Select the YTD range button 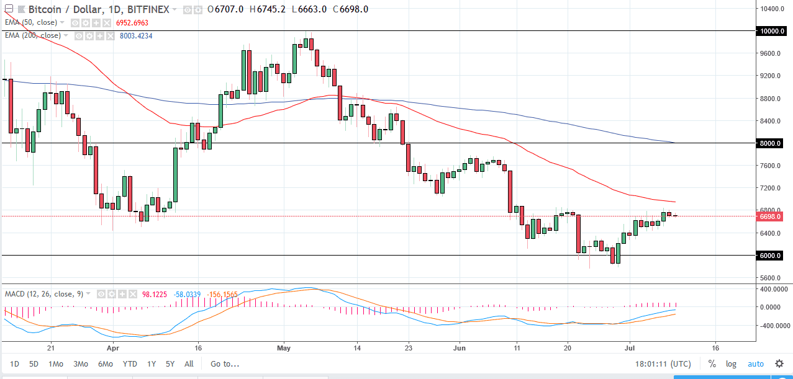pos(130,364)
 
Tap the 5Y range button pos(170,364)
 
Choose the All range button pos(189,364)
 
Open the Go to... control pos(225,364)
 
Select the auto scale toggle pos(756,364)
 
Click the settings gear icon pos(779,364)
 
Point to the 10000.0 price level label pos(769,31)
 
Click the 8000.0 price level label pos(769,143)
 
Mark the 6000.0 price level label pos(769,256)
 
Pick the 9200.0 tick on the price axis pos(770,76)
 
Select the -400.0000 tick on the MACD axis pos(772,324)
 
